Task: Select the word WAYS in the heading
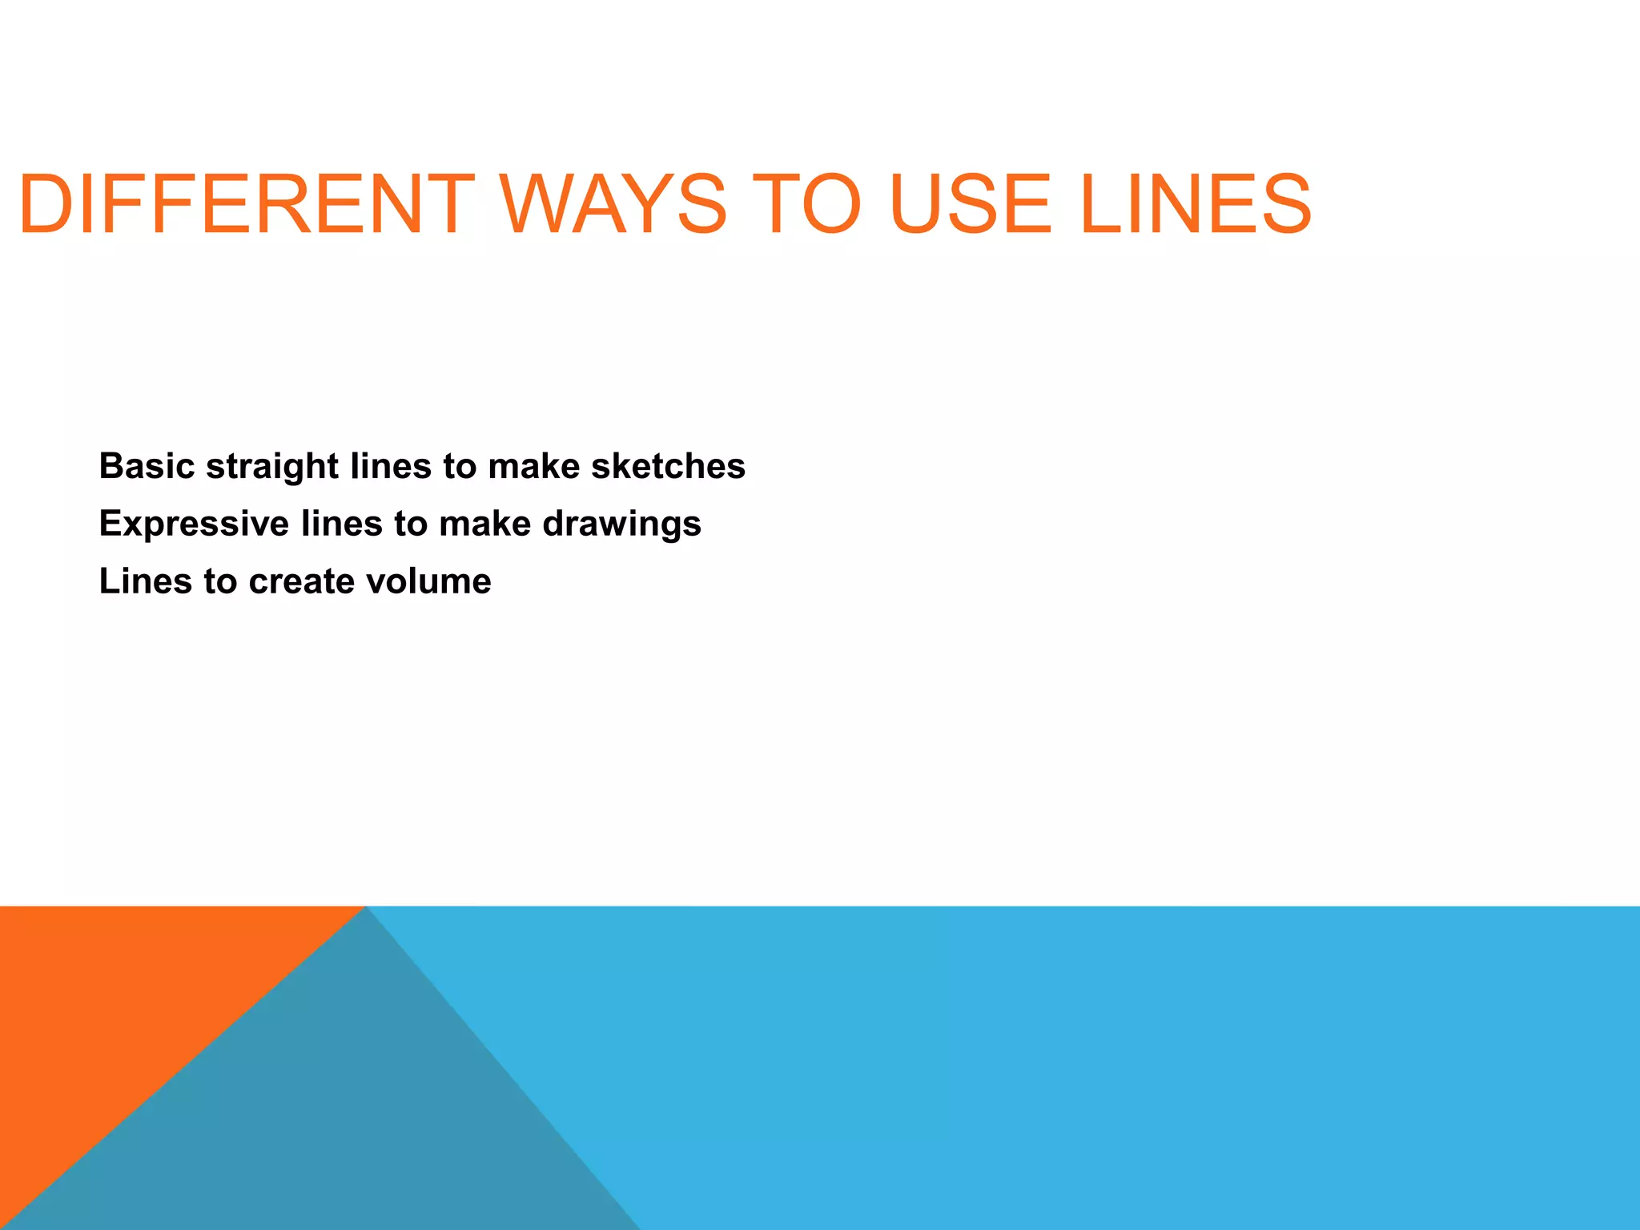pos(613,205)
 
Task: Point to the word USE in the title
pos(970,205)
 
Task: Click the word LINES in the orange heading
pos(1196,205)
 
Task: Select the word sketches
pos(668,466)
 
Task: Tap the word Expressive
pos(194,525)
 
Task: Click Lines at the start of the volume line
pos(146,581)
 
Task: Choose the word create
pos(301,581)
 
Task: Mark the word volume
pos(428,581)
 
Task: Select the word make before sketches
pos(533,466)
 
